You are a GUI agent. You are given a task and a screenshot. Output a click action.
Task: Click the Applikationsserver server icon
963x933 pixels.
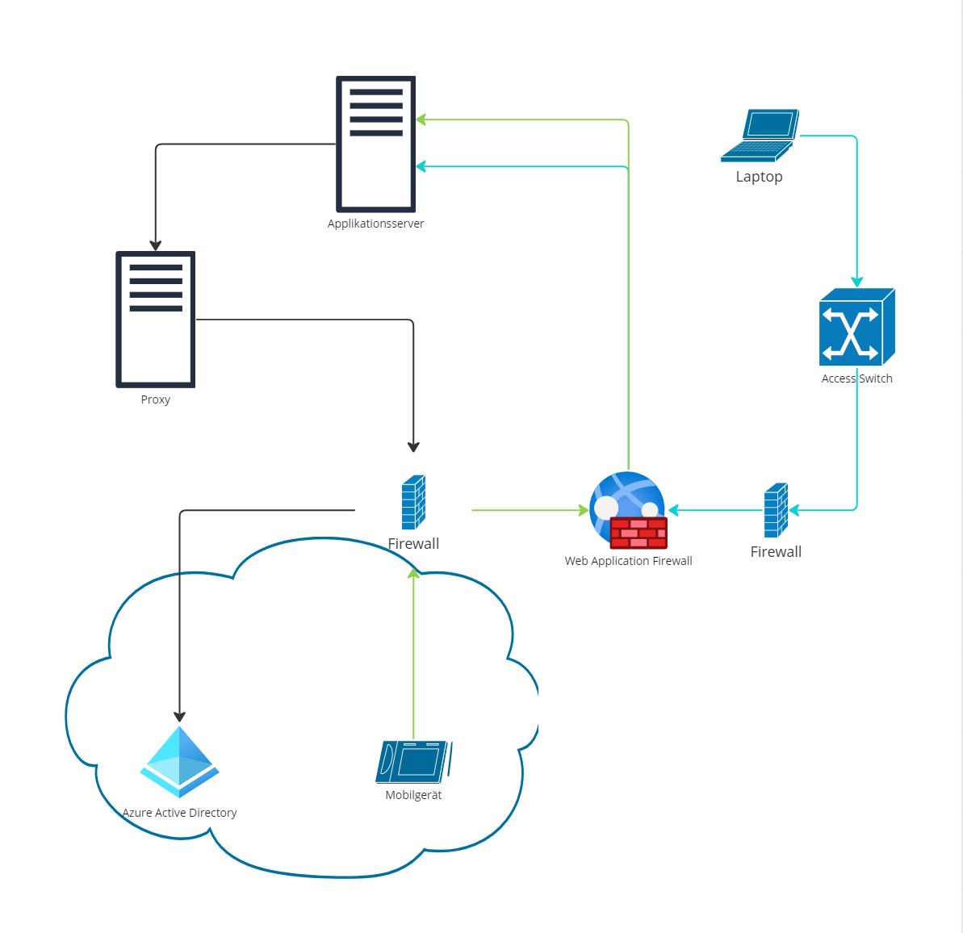(375, 144)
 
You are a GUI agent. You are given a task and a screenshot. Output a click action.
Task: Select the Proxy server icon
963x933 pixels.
(156, 320)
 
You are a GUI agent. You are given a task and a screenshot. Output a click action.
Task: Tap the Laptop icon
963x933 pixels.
(760, 136)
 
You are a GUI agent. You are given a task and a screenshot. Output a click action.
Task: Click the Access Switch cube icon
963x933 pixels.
(856, 327)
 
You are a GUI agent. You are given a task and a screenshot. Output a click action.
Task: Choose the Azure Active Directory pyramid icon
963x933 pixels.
(179, 762)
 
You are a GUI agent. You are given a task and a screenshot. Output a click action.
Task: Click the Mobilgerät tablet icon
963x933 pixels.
(413, 762)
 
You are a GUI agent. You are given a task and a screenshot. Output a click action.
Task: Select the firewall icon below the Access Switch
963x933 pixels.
(776, 510)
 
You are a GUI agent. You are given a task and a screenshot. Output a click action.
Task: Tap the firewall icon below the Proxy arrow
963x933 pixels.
(413, 502)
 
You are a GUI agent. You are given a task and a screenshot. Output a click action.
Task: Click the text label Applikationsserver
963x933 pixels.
(375, 224)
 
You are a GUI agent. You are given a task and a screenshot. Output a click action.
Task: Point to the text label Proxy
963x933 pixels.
(156, 400)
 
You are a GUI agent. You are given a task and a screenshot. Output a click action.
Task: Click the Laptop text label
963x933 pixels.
(759, 177)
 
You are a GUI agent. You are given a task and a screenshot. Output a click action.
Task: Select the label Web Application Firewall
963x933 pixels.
(628, 561)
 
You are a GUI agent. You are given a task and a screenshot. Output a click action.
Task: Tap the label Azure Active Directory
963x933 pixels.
(179, 813)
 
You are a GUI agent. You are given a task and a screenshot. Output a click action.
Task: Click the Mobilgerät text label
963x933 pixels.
(413, 795)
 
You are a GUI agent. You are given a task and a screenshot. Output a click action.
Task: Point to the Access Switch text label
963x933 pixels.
(856, 379)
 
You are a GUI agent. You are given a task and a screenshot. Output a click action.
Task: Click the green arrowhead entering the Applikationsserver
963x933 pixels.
(421, 120)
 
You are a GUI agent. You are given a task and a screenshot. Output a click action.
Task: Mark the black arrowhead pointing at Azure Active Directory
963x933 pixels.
(179, 717)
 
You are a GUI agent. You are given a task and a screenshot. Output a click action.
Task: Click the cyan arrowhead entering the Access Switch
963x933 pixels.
(856, 282)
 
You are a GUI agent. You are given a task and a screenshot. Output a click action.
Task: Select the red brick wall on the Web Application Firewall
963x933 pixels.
(639, 533)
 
